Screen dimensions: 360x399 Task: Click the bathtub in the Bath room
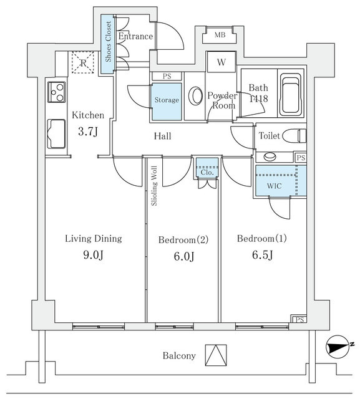coord(290,95)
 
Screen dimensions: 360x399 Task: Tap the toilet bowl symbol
coord(294,135)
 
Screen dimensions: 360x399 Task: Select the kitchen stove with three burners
coord(57,92)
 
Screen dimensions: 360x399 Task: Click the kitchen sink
coord(56,134)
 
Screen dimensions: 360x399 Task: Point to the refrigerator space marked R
coord(83,62)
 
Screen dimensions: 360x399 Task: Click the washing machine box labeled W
coord(221,62)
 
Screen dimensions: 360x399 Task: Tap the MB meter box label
coord(220,35)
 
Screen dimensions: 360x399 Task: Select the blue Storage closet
coord(167,102)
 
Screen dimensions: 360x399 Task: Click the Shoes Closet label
coord(109,42)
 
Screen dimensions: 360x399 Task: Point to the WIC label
coord(275,186)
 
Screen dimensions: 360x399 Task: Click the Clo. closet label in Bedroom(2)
coord(207,173)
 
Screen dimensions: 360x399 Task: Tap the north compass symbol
coord(338,347)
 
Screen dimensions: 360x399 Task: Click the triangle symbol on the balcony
coord(216,355)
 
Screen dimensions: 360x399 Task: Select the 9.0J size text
coord(93,255)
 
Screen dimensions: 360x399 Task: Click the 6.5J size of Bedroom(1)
coord(263,255)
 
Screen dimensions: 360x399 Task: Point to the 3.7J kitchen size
coord(88,132)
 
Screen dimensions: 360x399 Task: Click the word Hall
coord(162,136)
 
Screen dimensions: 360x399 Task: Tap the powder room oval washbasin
coord(195,96)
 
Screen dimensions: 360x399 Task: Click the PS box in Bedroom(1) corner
coord(299,319)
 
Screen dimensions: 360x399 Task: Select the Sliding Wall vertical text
coord(154,186)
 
